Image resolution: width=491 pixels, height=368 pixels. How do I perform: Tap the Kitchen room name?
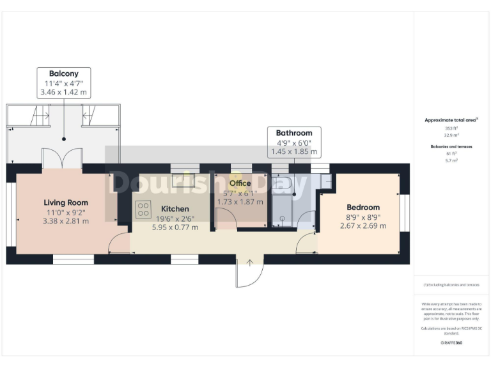175,209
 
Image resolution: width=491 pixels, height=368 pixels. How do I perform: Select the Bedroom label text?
363,207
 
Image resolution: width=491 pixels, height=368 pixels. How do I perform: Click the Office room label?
240,183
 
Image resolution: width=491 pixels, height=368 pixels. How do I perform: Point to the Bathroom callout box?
294,142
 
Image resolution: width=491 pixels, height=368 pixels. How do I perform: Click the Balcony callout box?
64,83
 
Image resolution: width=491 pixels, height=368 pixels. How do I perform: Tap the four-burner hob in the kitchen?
143,209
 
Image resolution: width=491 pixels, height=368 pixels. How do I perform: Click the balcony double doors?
62,158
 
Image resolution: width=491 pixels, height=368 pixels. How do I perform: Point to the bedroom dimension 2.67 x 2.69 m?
363,226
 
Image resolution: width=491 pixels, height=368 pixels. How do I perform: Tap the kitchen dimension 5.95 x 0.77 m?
175,227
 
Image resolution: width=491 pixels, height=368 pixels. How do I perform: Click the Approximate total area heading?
451,120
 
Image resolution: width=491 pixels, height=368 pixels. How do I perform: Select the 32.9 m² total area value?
451,135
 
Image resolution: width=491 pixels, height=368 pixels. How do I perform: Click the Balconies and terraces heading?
451,146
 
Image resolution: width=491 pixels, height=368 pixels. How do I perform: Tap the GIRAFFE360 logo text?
451,343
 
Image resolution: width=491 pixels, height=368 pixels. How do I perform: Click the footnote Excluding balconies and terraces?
451,285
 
